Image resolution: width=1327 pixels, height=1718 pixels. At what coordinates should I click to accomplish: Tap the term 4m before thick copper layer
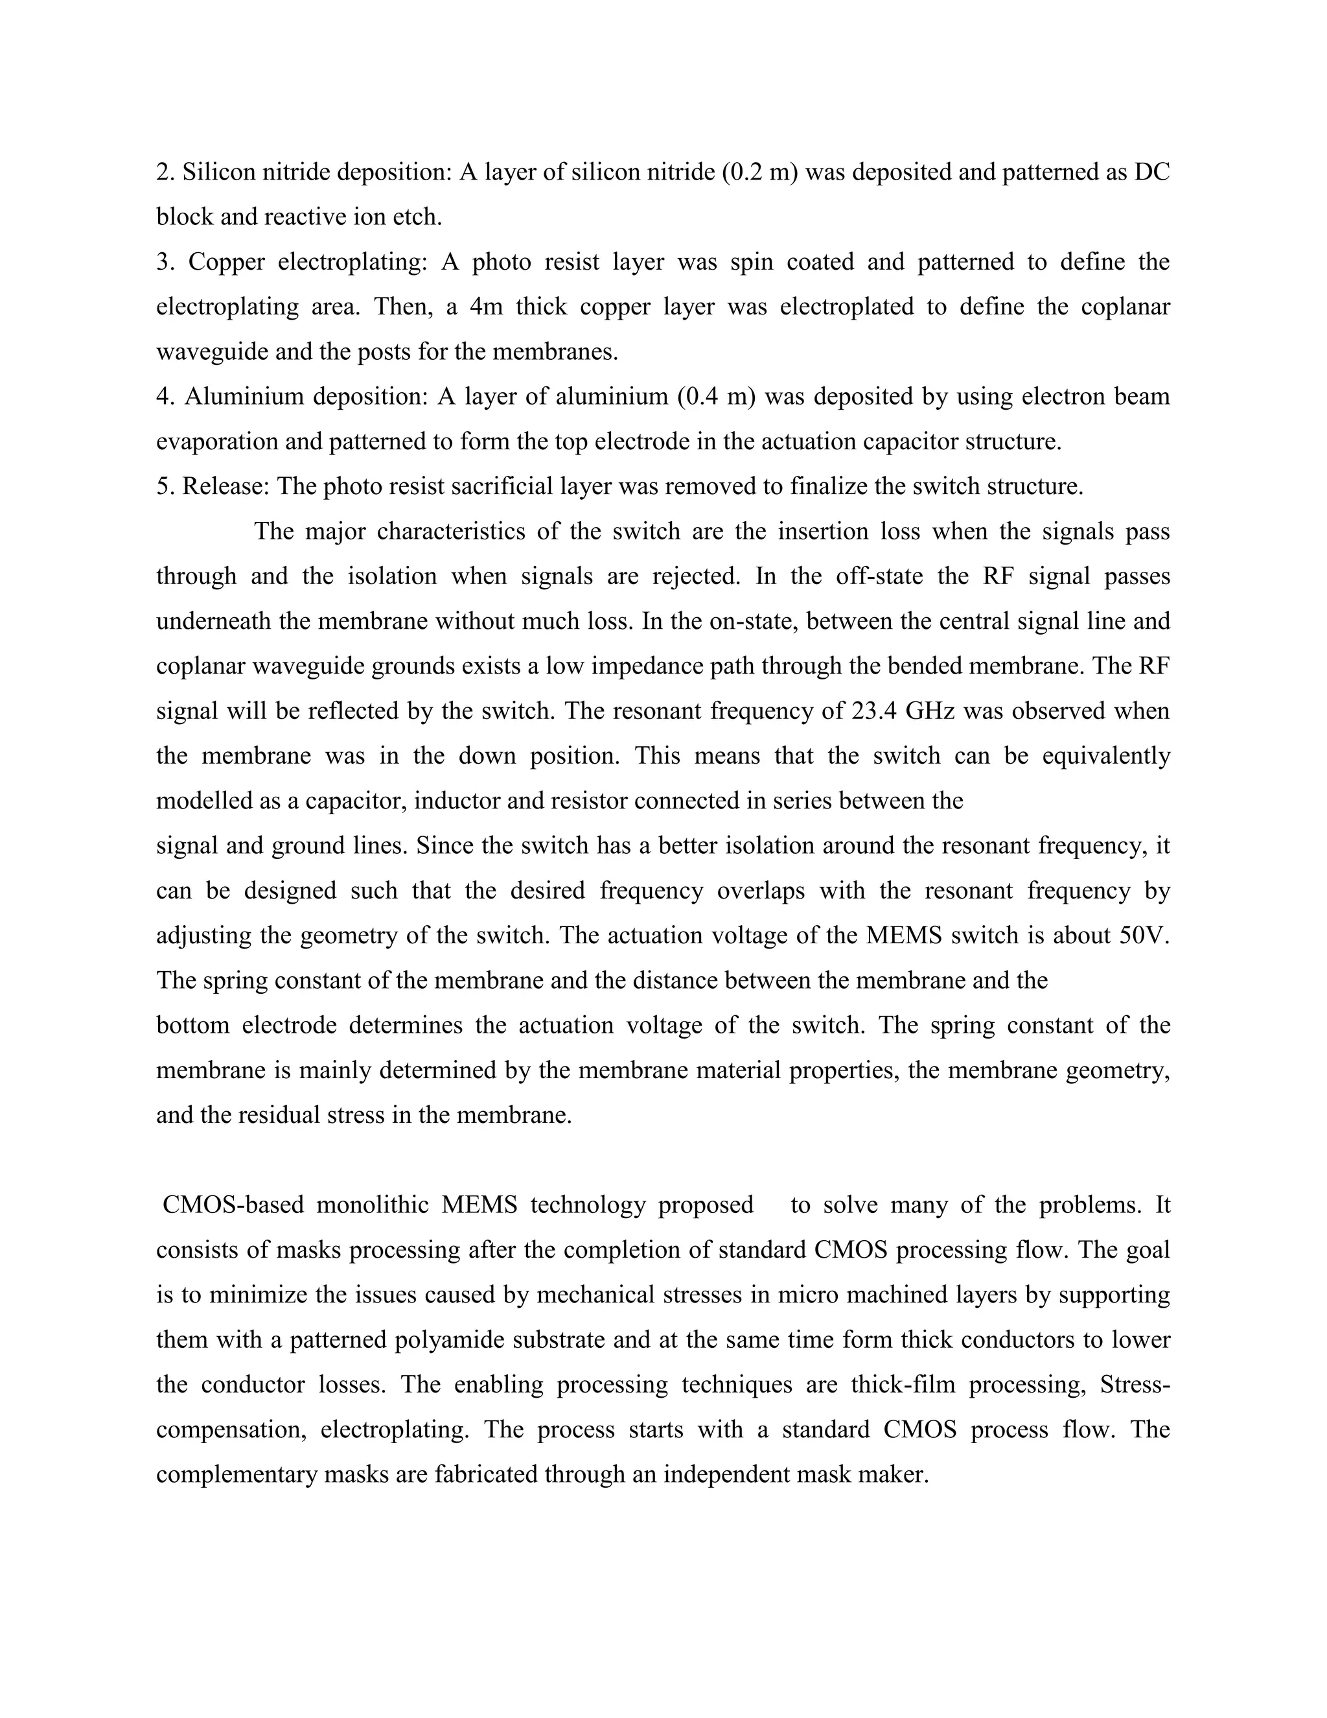tap(486, 307)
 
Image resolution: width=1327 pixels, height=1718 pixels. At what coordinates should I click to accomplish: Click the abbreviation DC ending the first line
tap(1153, 172)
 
